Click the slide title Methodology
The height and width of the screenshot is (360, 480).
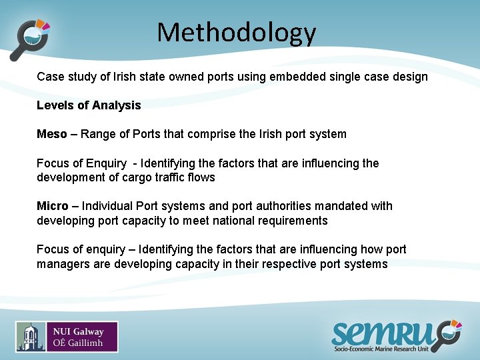[237, 32]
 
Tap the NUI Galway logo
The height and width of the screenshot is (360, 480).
[67, 337]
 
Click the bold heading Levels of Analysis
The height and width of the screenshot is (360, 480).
[89, 105]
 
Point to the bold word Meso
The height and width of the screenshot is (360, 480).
[52, 134]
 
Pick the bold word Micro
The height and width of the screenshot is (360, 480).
[52, 206]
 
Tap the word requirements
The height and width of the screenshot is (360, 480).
[294, 221]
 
